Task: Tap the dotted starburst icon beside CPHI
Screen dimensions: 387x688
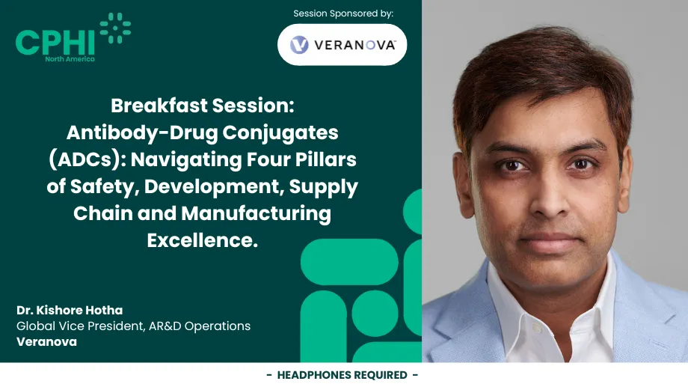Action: click(x=116, y=29)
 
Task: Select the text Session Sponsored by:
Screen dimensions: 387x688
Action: click(x=343, y=13)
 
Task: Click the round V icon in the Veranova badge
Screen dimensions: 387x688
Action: click(x=299, y=45)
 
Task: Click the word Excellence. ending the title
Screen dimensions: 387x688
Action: click(x=202, y=240)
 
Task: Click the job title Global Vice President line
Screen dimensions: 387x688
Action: click(x=133, y=326)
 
